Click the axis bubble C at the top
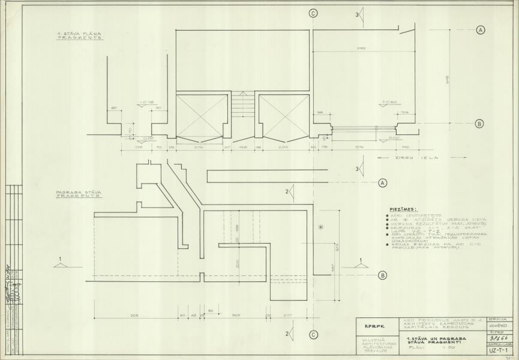click(313, 13)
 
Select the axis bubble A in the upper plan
click(481, 29)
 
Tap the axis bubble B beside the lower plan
click(382, 276)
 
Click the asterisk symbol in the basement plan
click(321, 227)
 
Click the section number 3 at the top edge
click(358, 14)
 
